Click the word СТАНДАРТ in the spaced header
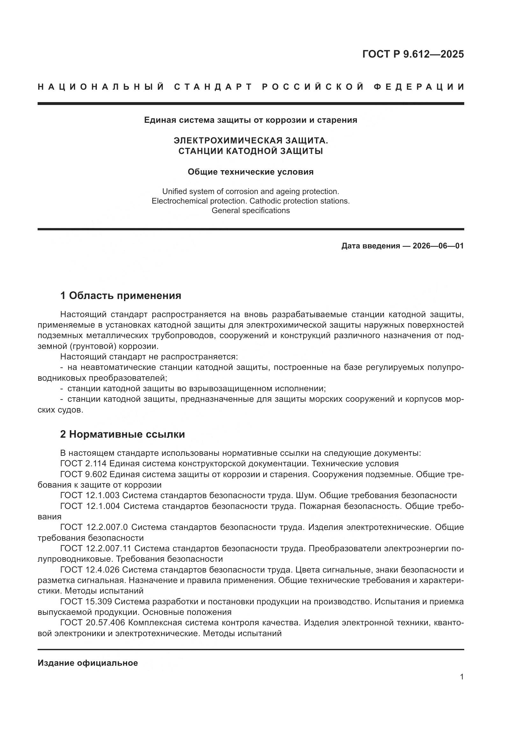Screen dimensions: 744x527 (x=213, y=87)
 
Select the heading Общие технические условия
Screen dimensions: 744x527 (x=250, y=172)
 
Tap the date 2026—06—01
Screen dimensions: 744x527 (x=438, y=246)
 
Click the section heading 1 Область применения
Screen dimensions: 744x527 (x=120, y=296)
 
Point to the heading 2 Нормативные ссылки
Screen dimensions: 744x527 (x=122, y=434)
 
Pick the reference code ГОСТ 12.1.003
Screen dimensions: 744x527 (x=90, y=496)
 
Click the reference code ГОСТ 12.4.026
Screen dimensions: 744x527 (x=90, y=570)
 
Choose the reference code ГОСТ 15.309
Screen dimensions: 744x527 (x=86, y=602)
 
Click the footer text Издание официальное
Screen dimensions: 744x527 (x=88, y=663)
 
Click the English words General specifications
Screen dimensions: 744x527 (x=250, y=211)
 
